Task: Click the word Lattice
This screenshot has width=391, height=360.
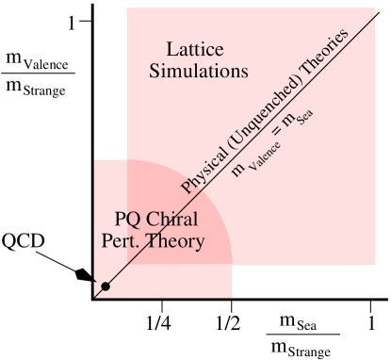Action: (x=194, y=49)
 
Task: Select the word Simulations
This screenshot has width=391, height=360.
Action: (x=199, y=71)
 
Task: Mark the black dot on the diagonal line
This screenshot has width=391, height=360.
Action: (x=106, y=286)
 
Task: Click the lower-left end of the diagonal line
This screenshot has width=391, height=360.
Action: (x=93, y=298)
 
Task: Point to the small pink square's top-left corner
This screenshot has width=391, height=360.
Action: (x=94, y=159)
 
